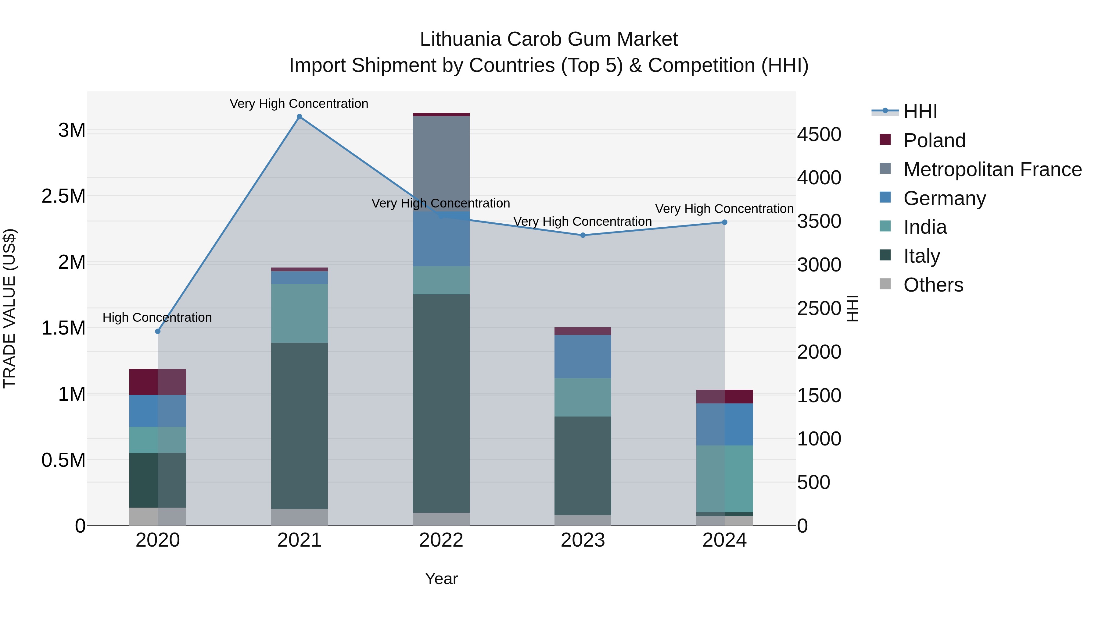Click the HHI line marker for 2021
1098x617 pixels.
pyautogui.click(x=299, y=117)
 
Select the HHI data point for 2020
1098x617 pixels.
pyautogui.click(x=158, y=331)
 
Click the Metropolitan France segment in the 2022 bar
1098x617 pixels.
pyautogui.click(x=441, y=164)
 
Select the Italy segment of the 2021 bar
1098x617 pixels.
pyautogui.click(x=299, y=426)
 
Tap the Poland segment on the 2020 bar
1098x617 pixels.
pyautogui.click(x=158, y=382)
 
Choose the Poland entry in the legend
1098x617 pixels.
pyautogui.click(x=934, y=140)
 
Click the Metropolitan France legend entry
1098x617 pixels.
pyautogui.click(x=992, y=169)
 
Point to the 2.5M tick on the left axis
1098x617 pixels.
pyautogui.click(x=63, y=196)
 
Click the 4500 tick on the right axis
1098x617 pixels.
pyautogui.click(x=819, y=135)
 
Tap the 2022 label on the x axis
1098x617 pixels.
pyautogui.click(x=441, y=540)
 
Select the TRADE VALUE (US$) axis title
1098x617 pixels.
pyautogui.click(x=9, y=308)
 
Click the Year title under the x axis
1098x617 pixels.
pyautogui.click(x=441, y=579)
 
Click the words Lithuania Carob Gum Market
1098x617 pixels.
pyautogui.click(x=549, y=39)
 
